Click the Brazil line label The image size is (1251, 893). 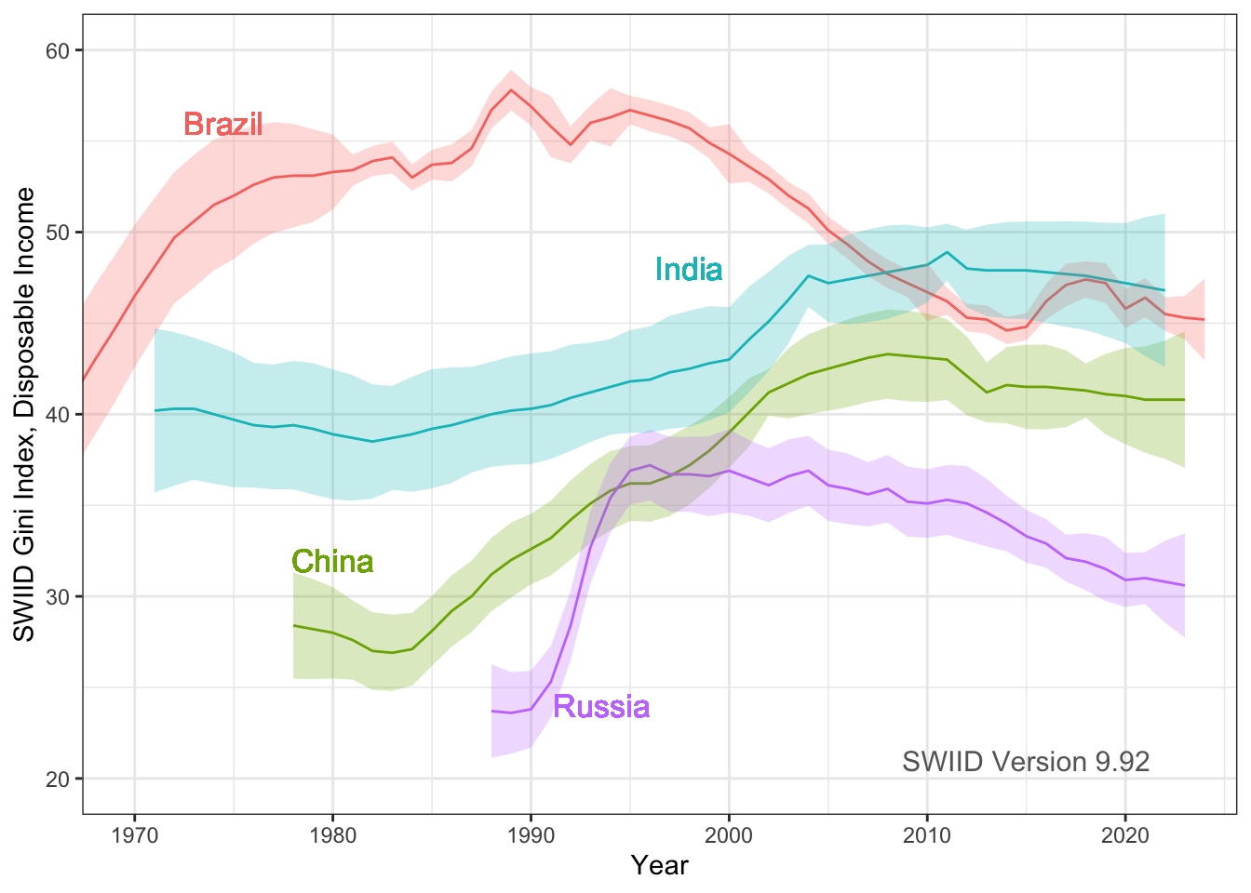(223, 124)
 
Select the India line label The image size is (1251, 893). (689, 269)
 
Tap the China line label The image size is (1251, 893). (332, 561)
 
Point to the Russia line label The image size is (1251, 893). (601, 706)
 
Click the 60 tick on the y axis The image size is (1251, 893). (59, 50)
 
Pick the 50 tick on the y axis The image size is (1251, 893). (59, 233)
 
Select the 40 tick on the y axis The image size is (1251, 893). (59, 414)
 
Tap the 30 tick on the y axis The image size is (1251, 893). (59, 596)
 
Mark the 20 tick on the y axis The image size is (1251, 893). (59, 779)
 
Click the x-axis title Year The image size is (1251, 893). (659, 865)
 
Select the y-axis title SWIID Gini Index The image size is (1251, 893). (25, 414)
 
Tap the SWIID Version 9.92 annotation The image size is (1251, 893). (1026, 762)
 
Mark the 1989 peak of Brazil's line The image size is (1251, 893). (511, 90)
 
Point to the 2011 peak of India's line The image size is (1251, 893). (947, 252)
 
